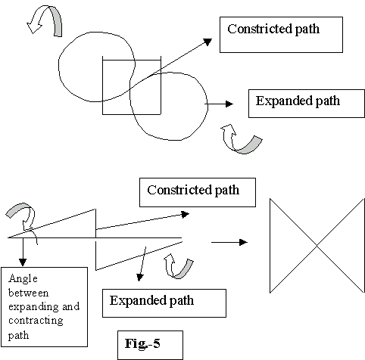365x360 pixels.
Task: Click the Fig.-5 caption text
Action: pyautogui.click(x=142, y=343)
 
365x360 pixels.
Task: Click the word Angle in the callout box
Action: pyautogui.click(x=23, y=279)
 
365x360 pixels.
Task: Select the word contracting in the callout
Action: pyautogui.click(x=36, y=321)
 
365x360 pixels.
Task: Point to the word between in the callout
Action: pyautogui.click(x=28, y=293)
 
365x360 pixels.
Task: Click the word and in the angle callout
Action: pyautogui.click(x=71, y=306)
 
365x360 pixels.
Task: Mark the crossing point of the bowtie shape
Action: pyautogui.click(x=317, y=245)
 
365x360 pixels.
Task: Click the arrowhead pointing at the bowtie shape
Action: pyautogui.click(x=243, y=242)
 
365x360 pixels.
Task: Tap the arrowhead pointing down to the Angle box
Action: pyautogui.click(x=23, y=262)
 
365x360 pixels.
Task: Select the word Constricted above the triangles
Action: pyautogui.click(x=179, y=190)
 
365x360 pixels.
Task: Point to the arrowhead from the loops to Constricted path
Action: pyautogui.click(x=207, y=42)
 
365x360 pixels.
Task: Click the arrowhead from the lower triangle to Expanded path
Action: pyautogui.click(x=139, y=278)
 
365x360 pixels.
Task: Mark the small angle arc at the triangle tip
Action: pyautogui.click(x=35, y=236)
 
